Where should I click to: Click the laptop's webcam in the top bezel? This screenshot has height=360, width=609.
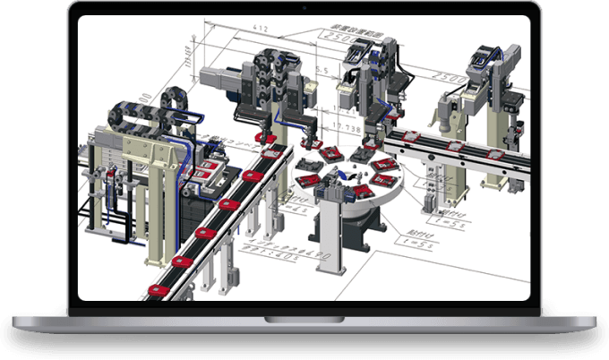tap(304, 8)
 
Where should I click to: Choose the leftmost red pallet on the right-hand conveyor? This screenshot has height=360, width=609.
tap(411, 135)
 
